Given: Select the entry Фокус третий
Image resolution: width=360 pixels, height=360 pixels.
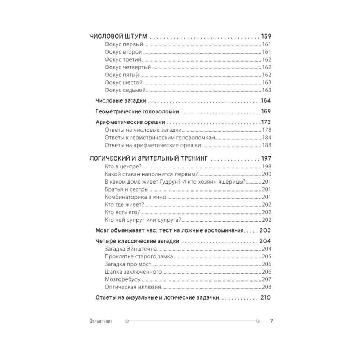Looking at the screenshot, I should pos(123,60).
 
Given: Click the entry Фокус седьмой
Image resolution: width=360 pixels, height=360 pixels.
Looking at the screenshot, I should pos(125,90).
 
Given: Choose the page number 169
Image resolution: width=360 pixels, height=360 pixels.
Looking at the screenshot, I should pos(266,112).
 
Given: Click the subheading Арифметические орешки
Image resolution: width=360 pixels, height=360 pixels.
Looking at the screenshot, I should pos(133,122).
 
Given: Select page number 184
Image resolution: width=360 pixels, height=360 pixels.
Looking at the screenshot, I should pos(267,138).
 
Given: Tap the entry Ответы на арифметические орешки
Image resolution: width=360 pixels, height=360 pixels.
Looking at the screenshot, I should pos(153,145).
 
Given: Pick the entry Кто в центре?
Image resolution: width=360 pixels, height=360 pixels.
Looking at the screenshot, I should pos(122,166).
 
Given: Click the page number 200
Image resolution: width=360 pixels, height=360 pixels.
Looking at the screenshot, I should pos(267,174).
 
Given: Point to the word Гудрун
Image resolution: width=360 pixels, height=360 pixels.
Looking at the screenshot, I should pos(166,181).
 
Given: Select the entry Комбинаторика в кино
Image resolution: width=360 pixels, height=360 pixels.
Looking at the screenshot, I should pos(135,197).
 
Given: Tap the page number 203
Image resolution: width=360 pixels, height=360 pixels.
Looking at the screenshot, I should pos(265,230).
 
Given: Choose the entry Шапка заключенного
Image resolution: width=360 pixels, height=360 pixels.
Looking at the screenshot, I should pos(133,272).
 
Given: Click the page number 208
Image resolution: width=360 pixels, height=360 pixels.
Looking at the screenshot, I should pos(267,287).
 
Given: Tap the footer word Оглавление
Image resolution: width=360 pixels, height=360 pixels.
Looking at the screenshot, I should pos(100,321).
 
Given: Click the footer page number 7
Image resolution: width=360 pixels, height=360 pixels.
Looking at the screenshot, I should pos(271,321).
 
